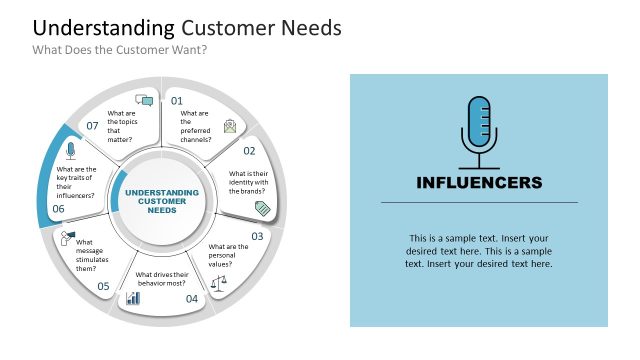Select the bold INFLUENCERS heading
[479, 182]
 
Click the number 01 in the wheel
[177, 101]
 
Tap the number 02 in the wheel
[249, 151]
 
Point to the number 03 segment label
[257, 237]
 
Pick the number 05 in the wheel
[103, 287]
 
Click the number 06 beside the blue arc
[58, 209]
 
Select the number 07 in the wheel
[92, 126]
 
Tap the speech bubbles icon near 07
[144, 100]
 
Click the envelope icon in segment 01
[231, 125]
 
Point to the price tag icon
[263, 208]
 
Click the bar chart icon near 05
[133, 298]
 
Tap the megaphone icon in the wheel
[68, 237]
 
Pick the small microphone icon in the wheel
[70, 151]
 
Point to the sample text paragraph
[479, 251]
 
